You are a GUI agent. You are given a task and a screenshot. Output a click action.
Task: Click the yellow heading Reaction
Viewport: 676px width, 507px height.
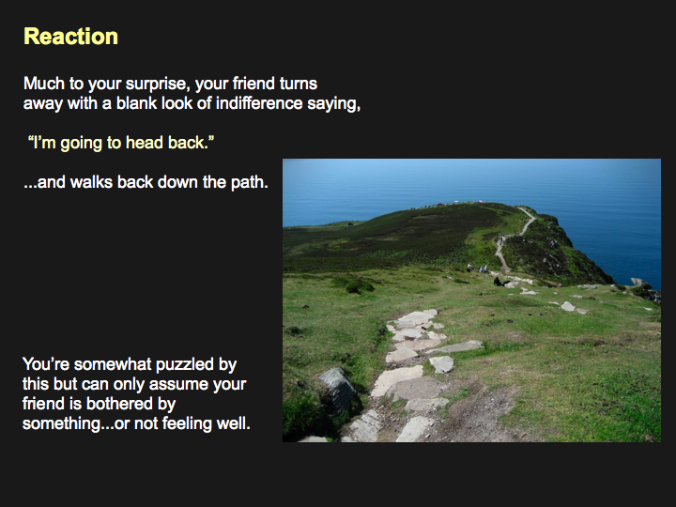(70, 37)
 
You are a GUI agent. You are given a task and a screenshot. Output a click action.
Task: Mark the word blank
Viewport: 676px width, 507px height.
(136, 103)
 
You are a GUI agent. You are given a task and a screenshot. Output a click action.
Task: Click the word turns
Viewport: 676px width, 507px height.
(299, 84)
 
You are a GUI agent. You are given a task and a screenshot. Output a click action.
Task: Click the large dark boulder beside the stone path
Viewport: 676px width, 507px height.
(338, 390)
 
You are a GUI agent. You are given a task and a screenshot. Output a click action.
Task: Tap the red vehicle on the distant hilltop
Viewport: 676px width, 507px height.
(439, 204)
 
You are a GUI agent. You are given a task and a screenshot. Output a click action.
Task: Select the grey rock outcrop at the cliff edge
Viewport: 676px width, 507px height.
(642, 284)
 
